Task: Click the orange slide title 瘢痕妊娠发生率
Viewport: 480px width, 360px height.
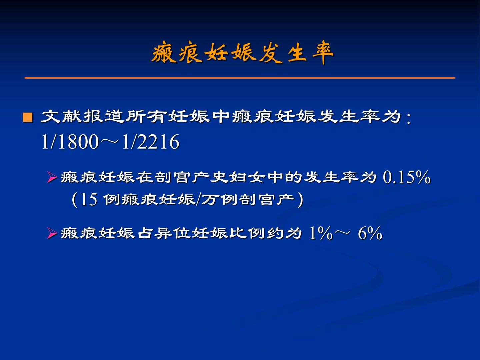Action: point(242,53)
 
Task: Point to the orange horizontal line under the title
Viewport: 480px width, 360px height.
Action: point(240,78)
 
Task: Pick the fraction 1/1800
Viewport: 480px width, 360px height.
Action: point(70,142)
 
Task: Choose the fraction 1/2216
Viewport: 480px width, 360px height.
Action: point(150,142)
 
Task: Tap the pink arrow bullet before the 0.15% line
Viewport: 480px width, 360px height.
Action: point(52,177)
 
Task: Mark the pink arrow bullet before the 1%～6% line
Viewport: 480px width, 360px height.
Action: point(52,233)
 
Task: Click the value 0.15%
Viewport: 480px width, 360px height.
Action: point(407,177)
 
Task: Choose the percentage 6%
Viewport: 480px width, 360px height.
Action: point(370,233)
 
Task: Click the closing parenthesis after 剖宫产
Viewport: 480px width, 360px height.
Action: point(300,200)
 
